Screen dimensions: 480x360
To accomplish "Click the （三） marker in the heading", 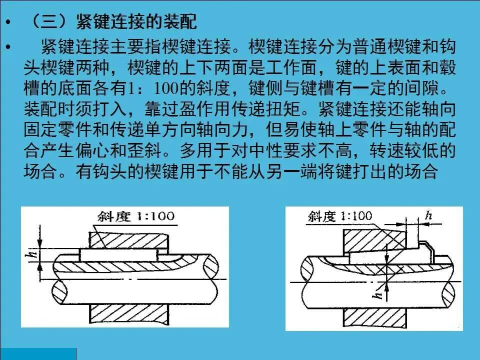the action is click(x=49, y=21).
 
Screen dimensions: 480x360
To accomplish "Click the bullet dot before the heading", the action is click(x=8, y=22).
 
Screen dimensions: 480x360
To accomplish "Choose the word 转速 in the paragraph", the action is click(x=386, y=150).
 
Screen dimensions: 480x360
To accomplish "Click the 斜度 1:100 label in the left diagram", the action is click(x=136, y=216).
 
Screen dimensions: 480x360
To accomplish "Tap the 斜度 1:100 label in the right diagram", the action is click(x=340, y=216).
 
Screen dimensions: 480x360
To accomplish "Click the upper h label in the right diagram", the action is click(x=428, y=215).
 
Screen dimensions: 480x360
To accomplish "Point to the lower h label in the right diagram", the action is click(x=378, y=293).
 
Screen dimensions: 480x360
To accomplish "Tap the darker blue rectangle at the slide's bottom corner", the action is click(x=38, y=354).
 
